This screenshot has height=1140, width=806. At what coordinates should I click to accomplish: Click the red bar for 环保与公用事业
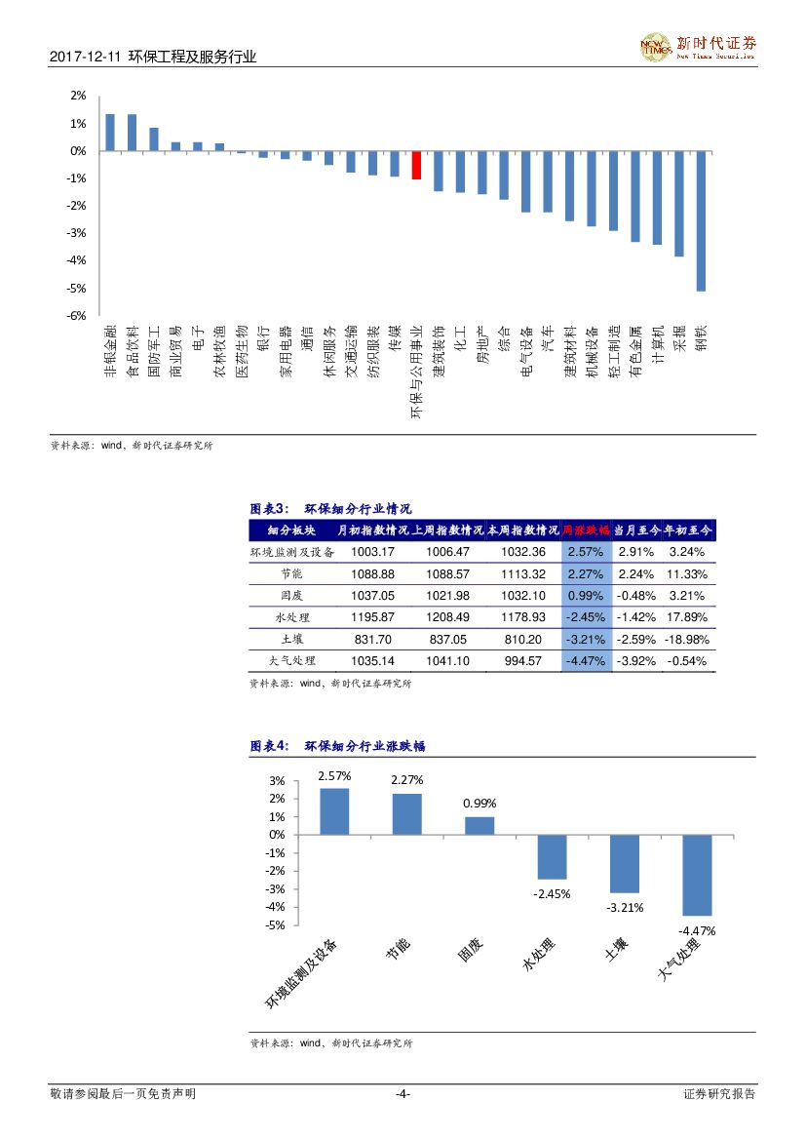[416, 166]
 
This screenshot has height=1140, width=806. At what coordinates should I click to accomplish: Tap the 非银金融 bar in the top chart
[110, 133]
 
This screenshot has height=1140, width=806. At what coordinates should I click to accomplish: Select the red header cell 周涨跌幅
[587, 531]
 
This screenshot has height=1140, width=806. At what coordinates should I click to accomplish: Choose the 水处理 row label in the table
[292, 617]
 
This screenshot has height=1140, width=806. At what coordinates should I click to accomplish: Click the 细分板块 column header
[292, 531]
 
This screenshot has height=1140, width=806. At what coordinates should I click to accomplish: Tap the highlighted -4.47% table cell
[587, 660]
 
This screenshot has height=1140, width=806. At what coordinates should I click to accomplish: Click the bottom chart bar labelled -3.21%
[625, 863]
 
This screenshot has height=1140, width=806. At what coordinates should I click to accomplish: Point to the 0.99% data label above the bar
[480, 803]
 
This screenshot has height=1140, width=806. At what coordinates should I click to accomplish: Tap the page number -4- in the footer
[403, 1094]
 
